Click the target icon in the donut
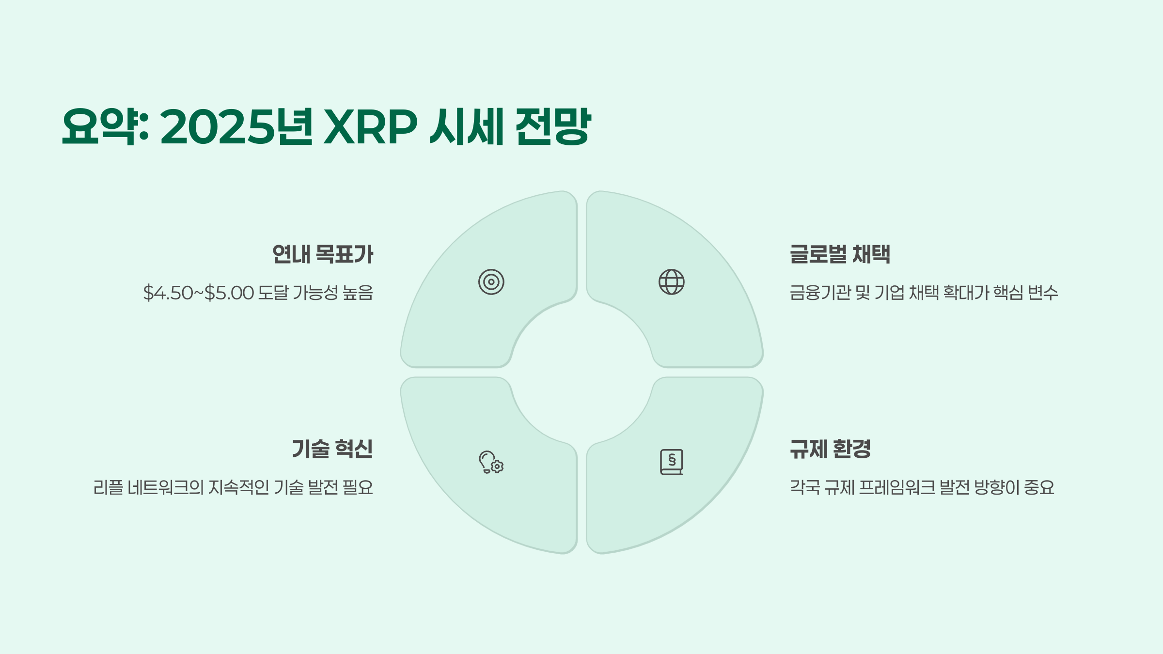point(491,282)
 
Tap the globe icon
point(671,282)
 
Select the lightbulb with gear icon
point(491,462)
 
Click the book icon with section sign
point(671,462)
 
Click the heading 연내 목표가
point(323,254)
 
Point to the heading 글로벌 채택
point(840,254)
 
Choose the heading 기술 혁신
point(332,449)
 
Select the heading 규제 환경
point(830,449)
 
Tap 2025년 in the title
point(236,127)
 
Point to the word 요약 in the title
point(99,127)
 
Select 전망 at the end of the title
point(552,127)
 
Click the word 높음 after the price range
point(358,293)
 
